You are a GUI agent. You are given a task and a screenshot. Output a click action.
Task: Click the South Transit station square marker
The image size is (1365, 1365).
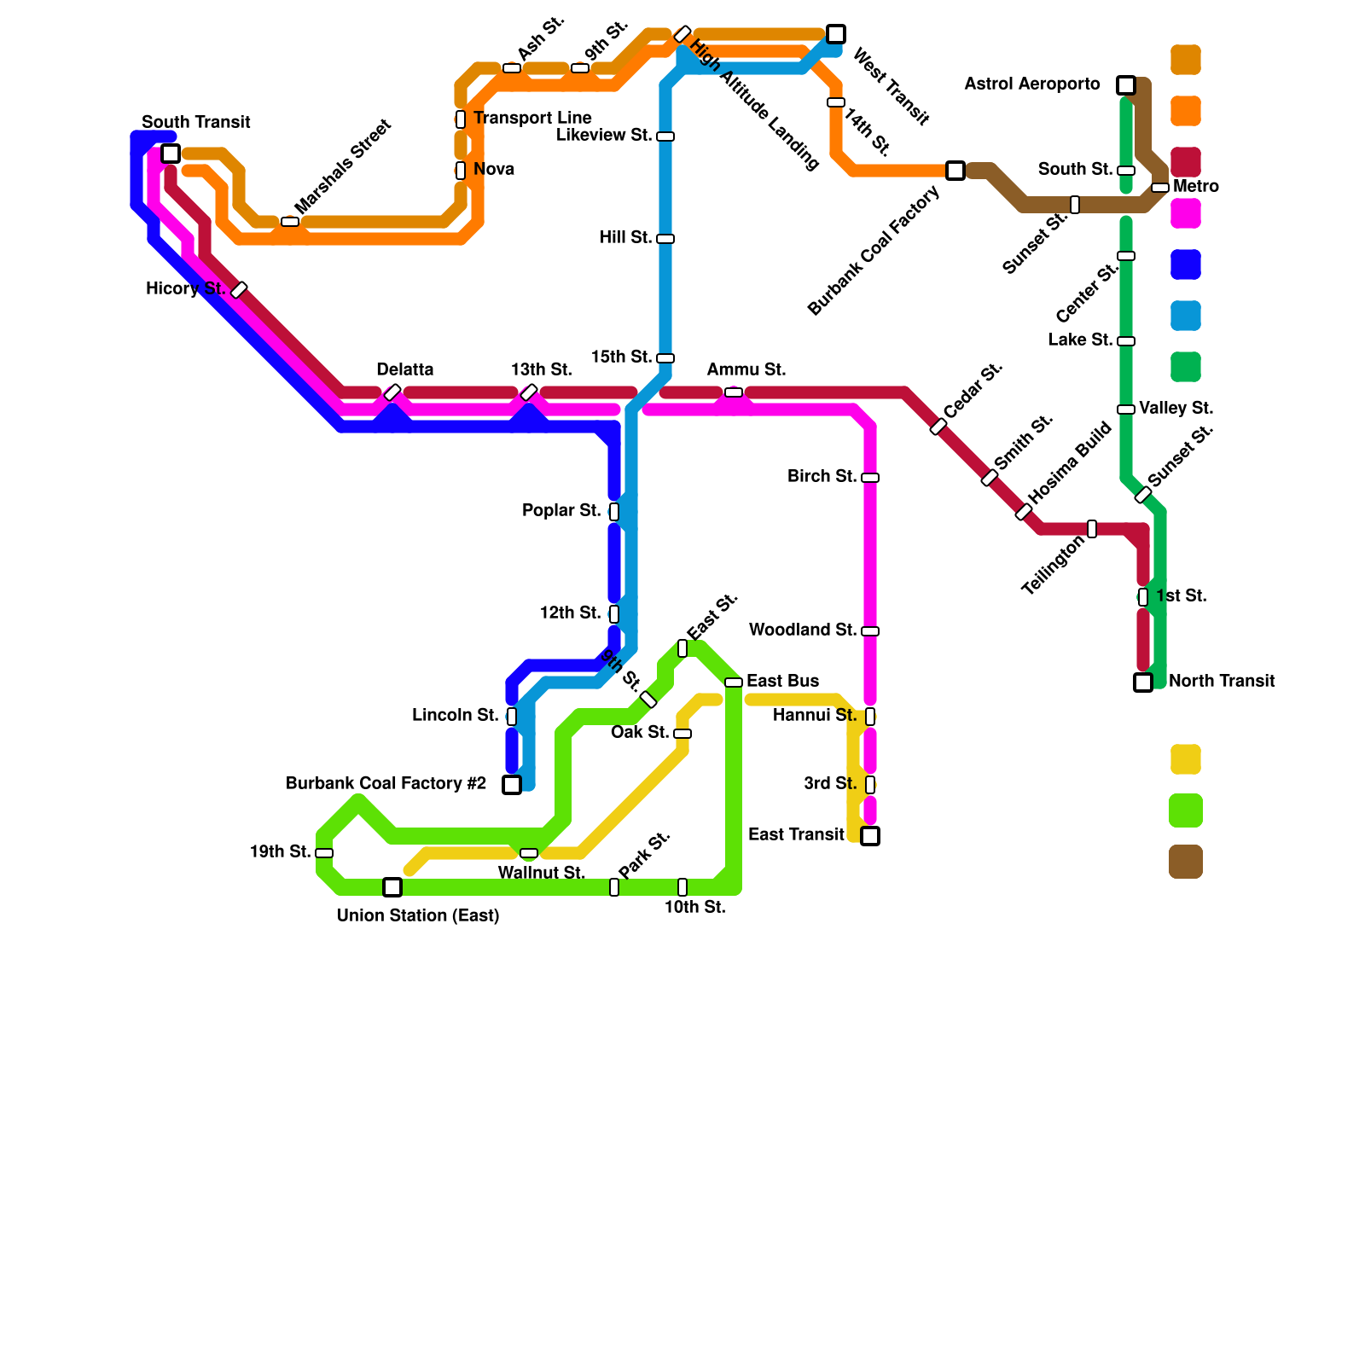171,154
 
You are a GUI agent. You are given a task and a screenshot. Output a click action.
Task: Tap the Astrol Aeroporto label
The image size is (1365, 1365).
1031,84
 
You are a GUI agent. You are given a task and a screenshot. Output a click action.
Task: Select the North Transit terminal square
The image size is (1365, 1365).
1143,682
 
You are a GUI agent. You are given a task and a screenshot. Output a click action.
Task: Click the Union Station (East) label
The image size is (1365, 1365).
417,916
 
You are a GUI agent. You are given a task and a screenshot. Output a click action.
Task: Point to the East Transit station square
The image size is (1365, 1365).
870,836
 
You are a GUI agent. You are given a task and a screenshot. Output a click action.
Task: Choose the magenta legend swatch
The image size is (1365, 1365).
1186,213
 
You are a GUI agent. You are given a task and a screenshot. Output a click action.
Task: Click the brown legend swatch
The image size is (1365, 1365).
1186,862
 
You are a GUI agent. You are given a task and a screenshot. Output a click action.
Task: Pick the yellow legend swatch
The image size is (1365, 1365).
1186,759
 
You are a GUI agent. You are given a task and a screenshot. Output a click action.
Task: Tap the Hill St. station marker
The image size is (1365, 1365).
665,239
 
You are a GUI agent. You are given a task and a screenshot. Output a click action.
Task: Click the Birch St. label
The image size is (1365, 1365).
822,477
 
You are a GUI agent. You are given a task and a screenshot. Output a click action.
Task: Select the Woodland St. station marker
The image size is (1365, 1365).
870,631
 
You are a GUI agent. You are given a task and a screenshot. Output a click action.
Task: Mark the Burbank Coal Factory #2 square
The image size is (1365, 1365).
512,785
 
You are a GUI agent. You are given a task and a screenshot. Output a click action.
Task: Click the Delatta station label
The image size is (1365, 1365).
405,370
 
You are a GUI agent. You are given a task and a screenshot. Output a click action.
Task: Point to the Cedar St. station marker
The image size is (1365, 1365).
938,427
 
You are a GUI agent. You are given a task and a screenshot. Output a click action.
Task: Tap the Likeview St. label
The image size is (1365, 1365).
604,136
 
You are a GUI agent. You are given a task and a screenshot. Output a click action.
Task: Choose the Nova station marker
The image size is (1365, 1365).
461,171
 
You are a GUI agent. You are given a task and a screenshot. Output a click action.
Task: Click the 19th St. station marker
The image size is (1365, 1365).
324,853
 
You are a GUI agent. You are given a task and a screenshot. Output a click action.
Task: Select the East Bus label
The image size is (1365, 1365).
782,682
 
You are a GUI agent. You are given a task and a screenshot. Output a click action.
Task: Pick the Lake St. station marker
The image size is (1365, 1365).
1126,341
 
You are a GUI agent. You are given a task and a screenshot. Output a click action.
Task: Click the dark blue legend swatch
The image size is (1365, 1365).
1186,264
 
